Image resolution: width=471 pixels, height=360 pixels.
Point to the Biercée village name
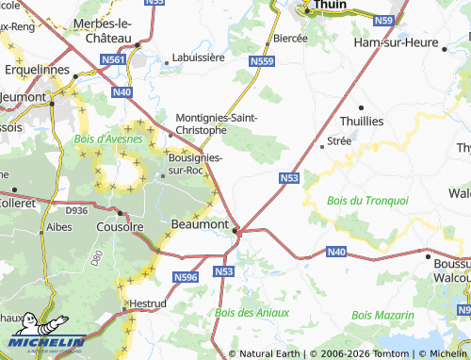290,38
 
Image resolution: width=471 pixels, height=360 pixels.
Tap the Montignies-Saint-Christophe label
217,123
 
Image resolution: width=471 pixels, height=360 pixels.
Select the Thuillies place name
389,122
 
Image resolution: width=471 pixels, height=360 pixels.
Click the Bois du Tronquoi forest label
367,201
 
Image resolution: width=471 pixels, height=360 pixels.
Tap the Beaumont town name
200,224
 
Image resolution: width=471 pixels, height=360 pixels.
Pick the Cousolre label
120,226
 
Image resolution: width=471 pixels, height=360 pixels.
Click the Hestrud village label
146,304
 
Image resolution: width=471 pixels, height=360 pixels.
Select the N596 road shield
185,277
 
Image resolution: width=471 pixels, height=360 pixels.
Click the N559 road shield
263,61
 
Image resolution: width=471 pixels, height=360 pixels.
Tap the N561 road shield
113,58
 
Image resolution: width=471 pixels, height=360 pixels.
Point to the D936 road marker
76,211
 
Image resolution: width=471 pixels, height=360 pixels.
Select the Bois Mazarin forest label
382,315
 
